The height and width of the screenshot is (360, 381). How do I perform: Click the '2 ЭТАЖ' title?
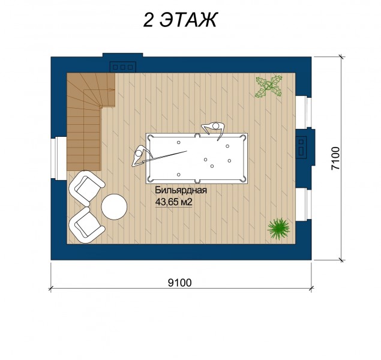pyautogui.click(x=179, y=20)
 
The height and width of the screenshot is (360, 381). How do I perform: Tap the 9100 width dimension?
pyautogui.click(x=180, y=283)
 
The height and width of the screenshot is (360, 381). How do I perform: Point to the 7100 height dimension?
pyautogui.click(x=335, y=158)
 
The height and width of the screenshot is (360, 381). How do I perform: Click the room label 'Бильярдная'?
pyautogui.click(x=181, y=190)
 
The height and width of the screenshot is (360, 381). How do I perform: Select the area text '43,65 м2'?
pyautogui.click(x=174, y=202)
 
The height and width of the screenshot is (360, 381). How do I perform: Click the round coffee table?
pyautogui.click(x=114, y=207)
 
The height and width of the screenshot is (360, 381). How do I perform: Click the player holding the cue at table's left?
pyautogui.click(x=141, y=155)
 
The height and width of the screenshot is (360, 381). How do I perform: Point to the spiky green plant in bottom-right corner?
pyautogui.click(x=278, y=229)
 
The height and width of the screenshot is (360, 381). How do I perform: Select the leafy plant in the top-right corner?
pyautogui.click(x=268, y=86)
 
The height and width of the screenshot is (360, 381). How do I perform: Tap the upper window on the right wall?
pyautogui.click(x=304, y=112)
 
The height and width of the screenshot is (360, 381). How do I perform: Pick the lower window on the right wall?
pyautogui.click(x=304, y=204)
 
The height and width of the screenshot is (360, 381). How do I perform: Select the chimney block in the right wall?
pyautogui.click(x=305, y=148)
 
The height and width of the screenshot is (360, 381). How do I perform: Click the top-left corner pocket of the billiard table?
pyautogui.click(x=149, y=137)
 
